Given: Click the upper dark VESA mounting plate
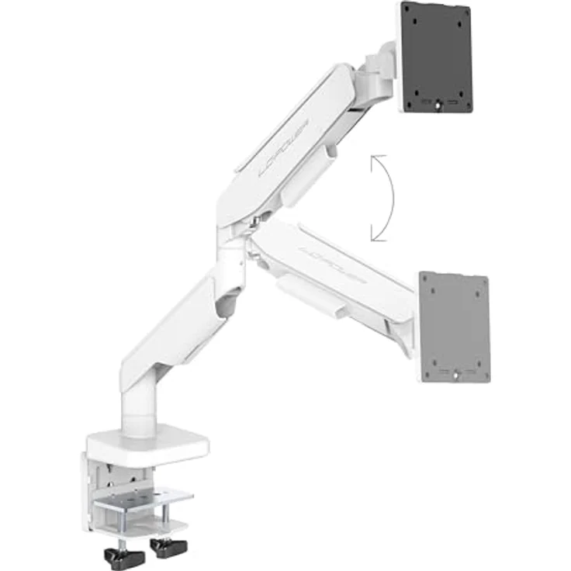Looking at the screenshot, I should pyautogui.click(x=437, y=59).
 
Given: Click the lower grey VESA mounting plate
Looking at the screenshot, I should pyautogui.click(x=455, y=326).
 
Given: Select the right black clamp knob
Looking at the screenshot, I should pyautogui.click(x=168, y=548).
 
